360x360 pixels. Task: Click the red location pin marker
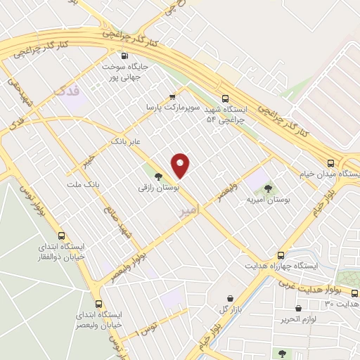pyautogui.click(x=181, y=165)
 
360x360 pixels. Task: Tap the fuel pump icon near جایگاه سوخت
pyautogui.click(x=125, y=56)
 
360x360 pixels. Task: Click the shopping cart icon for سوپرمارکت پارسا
pyautogui.click(x=172, y=97)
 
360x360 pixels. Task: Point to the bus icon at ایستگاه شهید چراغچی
pyautogui.click(x=225, y=99)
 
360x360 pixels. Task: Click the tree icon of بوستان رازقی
pyautogui.click(x=157, y=176)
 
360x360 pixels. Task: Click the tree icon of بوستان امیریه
pyautogui.click(x=267, y=188)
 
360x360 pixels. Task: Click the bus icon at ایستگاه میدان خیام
pyautogui.click(x=351, y=162)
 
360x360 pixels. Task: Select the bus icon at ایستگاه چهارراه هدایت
pyautogui.click(x=281, y=255)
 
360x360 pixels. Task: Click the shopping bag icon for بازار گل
pyautogui.click(x=231, y=299)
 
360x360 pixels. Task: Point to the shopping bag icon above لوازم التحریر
pyautogui.click(x=299, y=308)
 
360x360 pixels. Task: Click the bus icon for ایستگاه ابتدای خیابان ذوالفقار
pyautogui.click(x=62, y=236)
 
